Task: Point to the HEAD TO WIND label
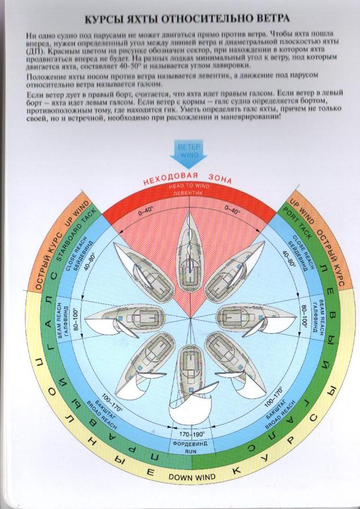(189, 187)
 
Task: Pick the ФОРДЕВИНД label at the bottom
(190, 444)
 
